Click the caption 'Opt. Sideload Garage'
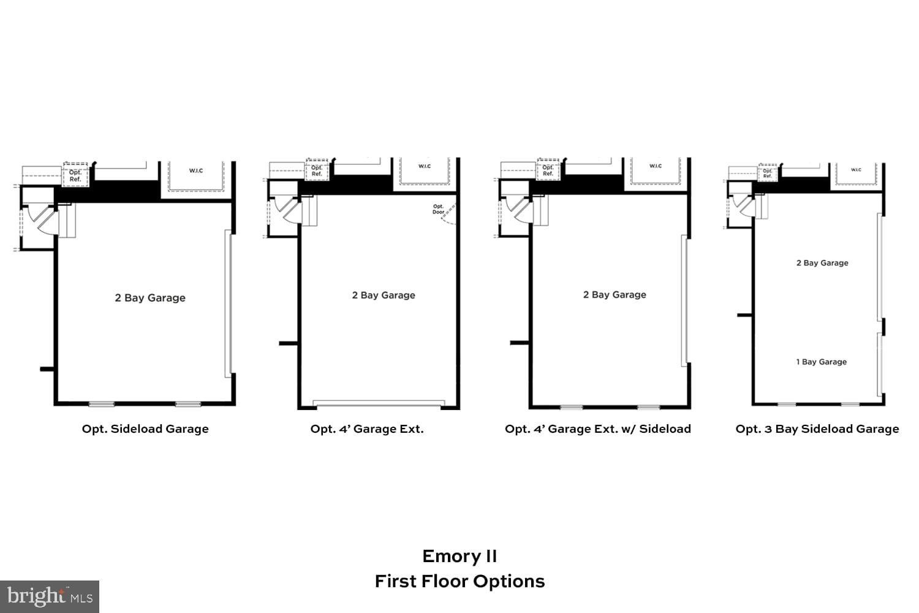[x=145, y=429]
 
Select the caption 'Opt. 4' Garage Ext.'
[x=367, y=429]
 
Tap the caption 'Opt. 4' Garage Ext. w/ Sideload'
[x=597, y=429]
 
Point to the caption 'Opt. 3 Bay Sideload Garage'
[x=817, y=429]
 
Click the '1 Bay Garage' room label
[x=821, y=362]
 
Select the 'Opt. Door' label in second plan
[x=439, y=209]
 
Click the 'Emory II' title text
[x=459, y=556]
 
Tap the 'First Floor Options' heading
[x=459, y=581]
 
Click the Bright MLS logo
[x=50, y=596]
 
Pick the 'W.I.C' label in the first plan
[x=196, y=170]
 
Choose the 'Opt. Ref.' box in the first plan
[x=75, y=175]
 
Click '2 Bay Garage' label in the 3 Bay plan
[x=822, y=263]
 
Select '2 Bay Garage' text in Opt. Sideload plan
[x=150, y=298]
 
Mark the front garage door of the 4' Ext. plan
[x=379, y=403]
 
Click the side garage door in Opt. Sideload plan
[x=229, y=303]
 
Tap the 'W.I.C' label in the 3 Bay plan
[x=856, y=170]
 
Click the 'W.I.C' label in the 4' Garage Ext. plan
[x=425, y=166]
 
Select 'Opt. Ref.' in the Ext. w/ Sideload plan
[x=548, y=170]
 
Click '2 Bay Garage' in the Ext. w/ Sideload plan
[x=615, y=295]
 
